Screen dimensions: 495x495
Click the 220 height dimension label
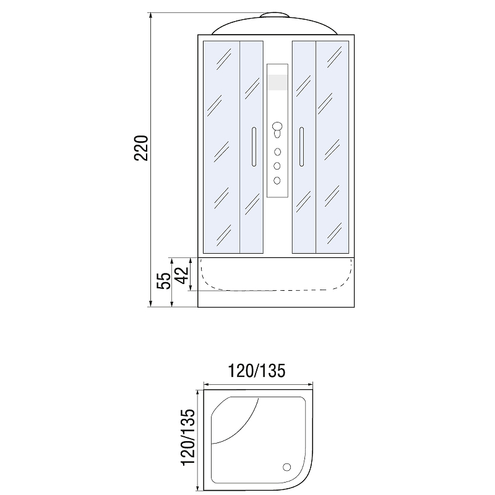(141, 148)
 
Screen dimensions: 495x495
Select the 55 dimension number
(165, 281)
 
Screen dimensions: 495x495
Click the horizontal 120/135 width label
(256, 371)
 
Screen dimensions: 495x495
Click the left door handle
(254, 147)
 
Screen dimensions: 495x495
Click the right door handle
(301, 147)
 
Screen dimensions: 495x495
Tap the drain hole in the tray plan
(287, 467)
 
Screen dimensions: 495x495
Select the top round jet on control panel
(277, 152)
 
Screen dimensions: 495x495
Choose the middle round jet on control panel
(277, 166)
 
